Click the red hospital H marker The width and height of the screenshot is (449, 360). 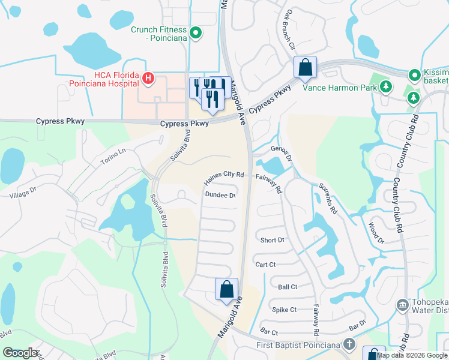point(148,78)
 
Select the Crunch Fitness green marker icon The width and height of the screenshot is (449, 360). point(195,33)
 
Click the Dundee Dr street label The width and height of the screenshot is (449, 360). point(220,194)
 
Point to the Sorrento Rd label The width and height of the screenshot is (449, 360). point(328,199)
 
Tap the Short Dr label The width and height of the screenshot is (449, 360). point(272,240)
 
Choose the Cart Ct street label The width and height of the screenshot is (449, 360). point(265,264)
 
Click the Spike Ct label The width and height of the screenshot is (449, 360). point(284,310)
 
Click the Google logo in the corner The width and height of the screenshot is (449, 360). point(20,353)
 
